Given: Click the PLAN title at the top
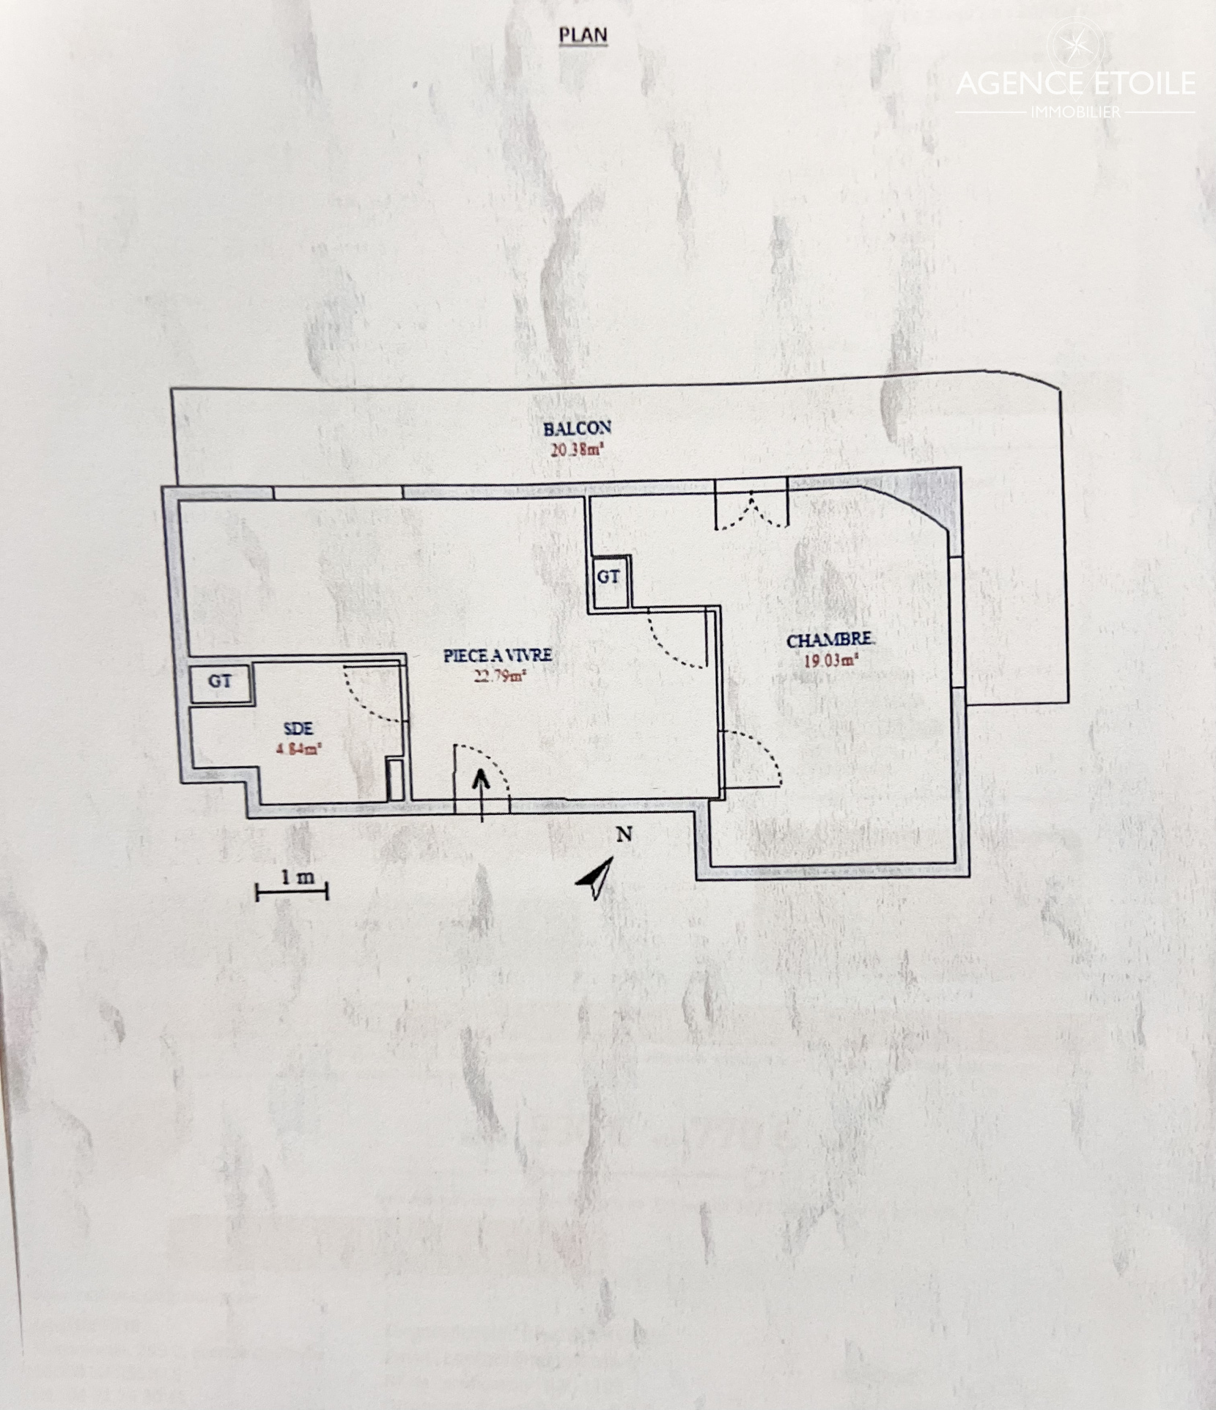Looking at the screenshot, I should [x=583, y=35].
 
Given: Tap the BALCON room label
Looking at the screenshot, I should [x=577, y=429].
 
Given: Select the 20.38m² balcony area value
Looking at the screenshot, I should [x=576, y=450].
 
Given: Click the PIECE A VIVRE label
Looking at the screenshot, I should [x=497, y=656].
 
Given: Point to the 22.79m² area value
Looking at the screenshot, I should [x=499, y=676].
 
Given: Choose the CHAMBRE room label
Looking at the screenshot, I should [x=830, y=641].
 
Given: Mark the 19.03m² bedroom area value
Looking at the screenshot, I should [x=831, y=660].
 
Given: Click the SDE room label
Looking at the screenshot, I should [x=298, y=728].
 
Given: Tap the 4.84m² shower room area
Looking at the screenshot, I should [x=299, y=749].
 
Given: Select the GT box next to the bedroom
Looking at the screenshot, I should [x=608, y=577].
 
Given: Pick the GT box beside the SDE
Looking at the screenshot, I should [x=220, y=682].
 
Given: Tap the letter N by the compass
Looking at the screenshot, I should [x=624, y=834].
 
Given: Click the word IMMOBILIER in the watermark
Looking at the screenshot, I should [x=1076, y=112].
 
